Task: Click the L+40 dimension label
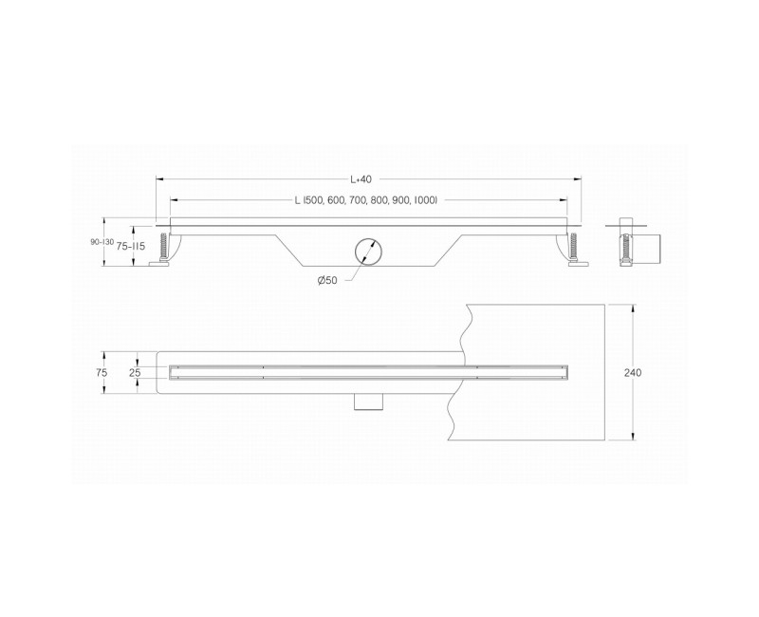pyautogui.click(x=361, y=178)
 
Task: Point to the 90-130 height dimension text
pyautogui.click(x=102, y=243)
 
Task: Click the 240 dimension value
pyautogui.click(x=633, y=373)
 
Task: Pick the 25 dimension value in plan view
pyautogui.click(x=134, y=373)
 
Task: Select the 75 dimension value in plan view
pyautogui.click(x=102, y=373)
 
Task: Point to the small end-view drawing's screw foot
pyautogui.click(x=626, y=250)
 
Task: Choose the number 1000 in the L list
pyautogui.click(x=424, y=200)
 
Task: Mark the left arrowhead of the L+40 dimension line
pyautogui.click(x=158, y=178)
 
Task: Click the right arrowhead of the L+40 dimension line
pyautogui.click(x=579, y=178)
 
